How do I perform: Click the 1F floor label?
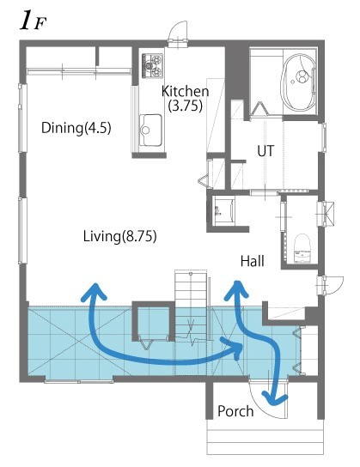[x=32, y=21]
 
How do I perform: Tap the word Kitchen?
[x=185, y=92]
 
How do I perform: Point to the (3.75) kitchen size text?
[x=185, y=106]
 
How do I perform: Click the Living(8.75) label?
[x=119, y=234]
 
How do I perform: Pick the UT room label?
[x=266, y=151]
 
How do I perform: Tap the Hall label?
[x=252, y=261]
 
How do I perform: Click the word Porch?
[x=235, y=411]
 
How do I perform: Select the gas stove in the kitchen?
[x=152, y=64]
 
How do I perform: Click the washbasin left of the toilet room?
[x=226, y=209]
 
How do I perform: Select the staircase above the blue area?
[x=192, y=297]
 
